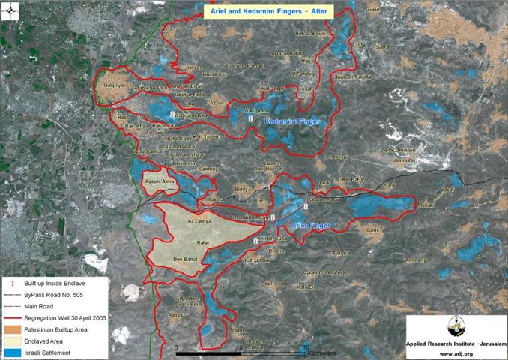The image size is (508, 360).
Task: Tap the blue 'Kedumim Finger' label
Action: coord(292,121)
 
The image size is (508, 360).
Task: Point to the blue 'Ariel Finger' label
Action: coord(308,224)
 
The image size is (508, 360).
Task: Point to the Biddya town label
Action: coord(245,190)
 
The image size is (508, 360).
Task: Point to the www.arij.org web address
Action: coord(456,352)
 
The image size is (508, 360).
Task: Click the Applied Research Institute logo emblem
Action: coord(455,328)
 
